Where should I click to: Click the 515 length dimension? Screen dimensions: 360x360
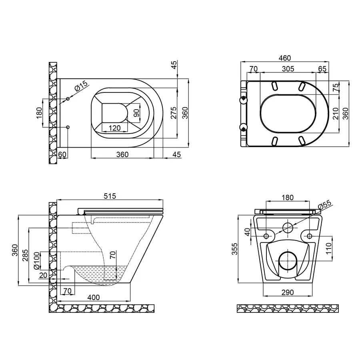click(110, 196)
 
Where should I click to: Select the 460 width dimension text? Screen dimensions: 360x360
click(284, 58)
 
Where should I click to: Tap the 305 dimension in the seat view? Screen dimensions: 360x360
click(288, 69)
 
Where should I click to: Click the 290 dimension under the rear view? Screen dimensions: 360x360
click(287, 292)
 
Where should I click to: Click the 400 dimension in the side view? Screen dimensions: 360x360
click(94, 298)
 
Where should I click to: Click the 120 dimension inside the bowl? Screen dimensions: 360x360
click(115, 128)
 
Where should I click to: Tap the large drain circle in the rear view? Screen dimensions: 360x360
click(287, 261)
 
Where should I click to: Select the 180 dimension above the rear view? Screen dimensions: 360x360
click(287, 197)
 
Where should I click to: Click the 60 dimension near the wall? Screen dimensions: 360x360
click(62, 154)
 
